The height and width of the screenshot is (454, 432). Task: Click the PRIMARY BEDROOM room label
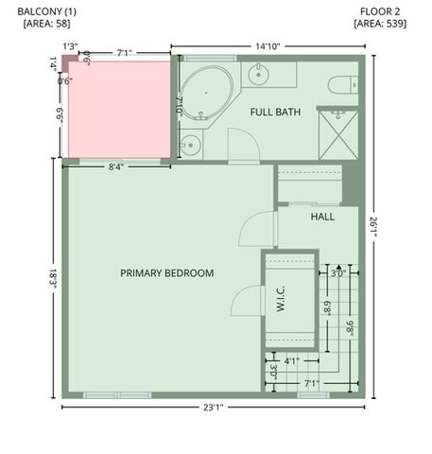pos(166,273)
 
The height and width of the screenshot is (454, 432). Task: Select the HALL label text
pos(322,217)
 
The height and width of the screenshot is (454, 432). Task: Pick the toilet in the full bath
pos(342,85)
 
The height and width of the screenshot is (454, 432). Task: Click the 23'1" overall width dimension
pos(213,408)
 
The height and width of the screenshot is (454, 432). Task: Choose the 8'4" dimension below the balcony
pos(116,167)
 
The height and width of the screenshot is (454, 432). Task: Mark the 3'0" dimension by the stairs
pos(338,273)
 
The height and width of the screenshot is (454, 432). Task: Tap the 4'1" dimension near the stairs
pos(291,360)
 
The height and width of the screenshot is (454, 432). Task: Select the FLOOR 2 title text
pos(382,12)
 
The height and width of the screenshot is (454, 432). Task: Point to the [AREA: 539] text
pos(382,25)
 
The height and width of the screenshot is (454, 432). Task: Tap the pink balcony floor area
pos(118,107)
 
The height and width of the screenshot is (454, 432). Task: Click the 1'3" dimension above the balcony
pos(69,45)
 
